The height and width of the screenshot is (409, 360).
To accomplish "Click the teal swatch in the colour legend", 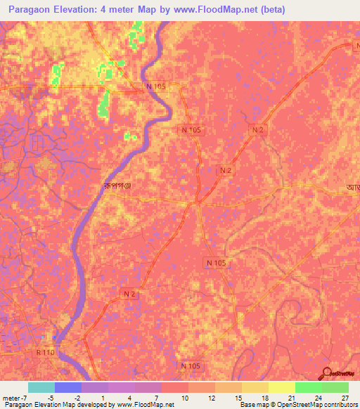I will pyautogui.click(x=41, y=387).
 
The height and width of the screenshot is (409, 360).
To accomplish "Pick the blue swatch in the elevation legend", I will pyautogui.click(x=68, y=387).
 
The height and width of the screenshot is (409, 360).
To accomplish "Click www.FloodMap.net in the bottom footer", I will pyautogui.click(x=146, y=405).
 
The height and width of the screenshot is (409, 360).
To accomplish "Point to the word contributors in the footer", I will pyautogui.click(x=340, y=405).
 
